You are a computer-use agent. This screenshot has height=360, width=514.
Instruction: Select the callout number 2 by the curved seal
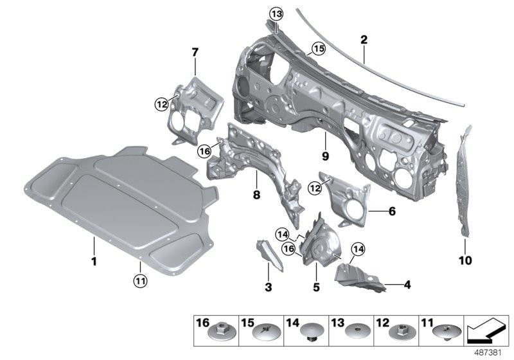tap(364, 40)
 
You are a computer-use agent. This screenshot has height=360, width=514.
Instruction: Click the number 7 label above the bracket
tap(195, 51)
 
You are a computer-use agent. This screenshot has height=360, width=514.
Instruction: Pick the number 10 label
tap(465, 261)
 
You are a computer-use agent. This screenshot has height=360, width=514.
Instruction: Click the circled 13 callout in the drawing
tap(276, 14)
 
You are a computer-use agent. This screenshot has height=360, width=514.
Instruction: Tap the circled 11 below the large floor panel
tap(139, 279)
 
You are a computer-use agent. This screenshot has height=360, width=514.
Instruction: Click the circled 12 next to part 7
tap(161, 102)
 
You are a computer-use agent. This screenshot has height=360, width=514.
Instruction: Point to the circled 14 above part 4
tap(357, 249)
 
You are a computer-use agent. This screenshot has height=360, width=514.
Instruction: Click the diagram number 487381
tap(490, 352)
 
